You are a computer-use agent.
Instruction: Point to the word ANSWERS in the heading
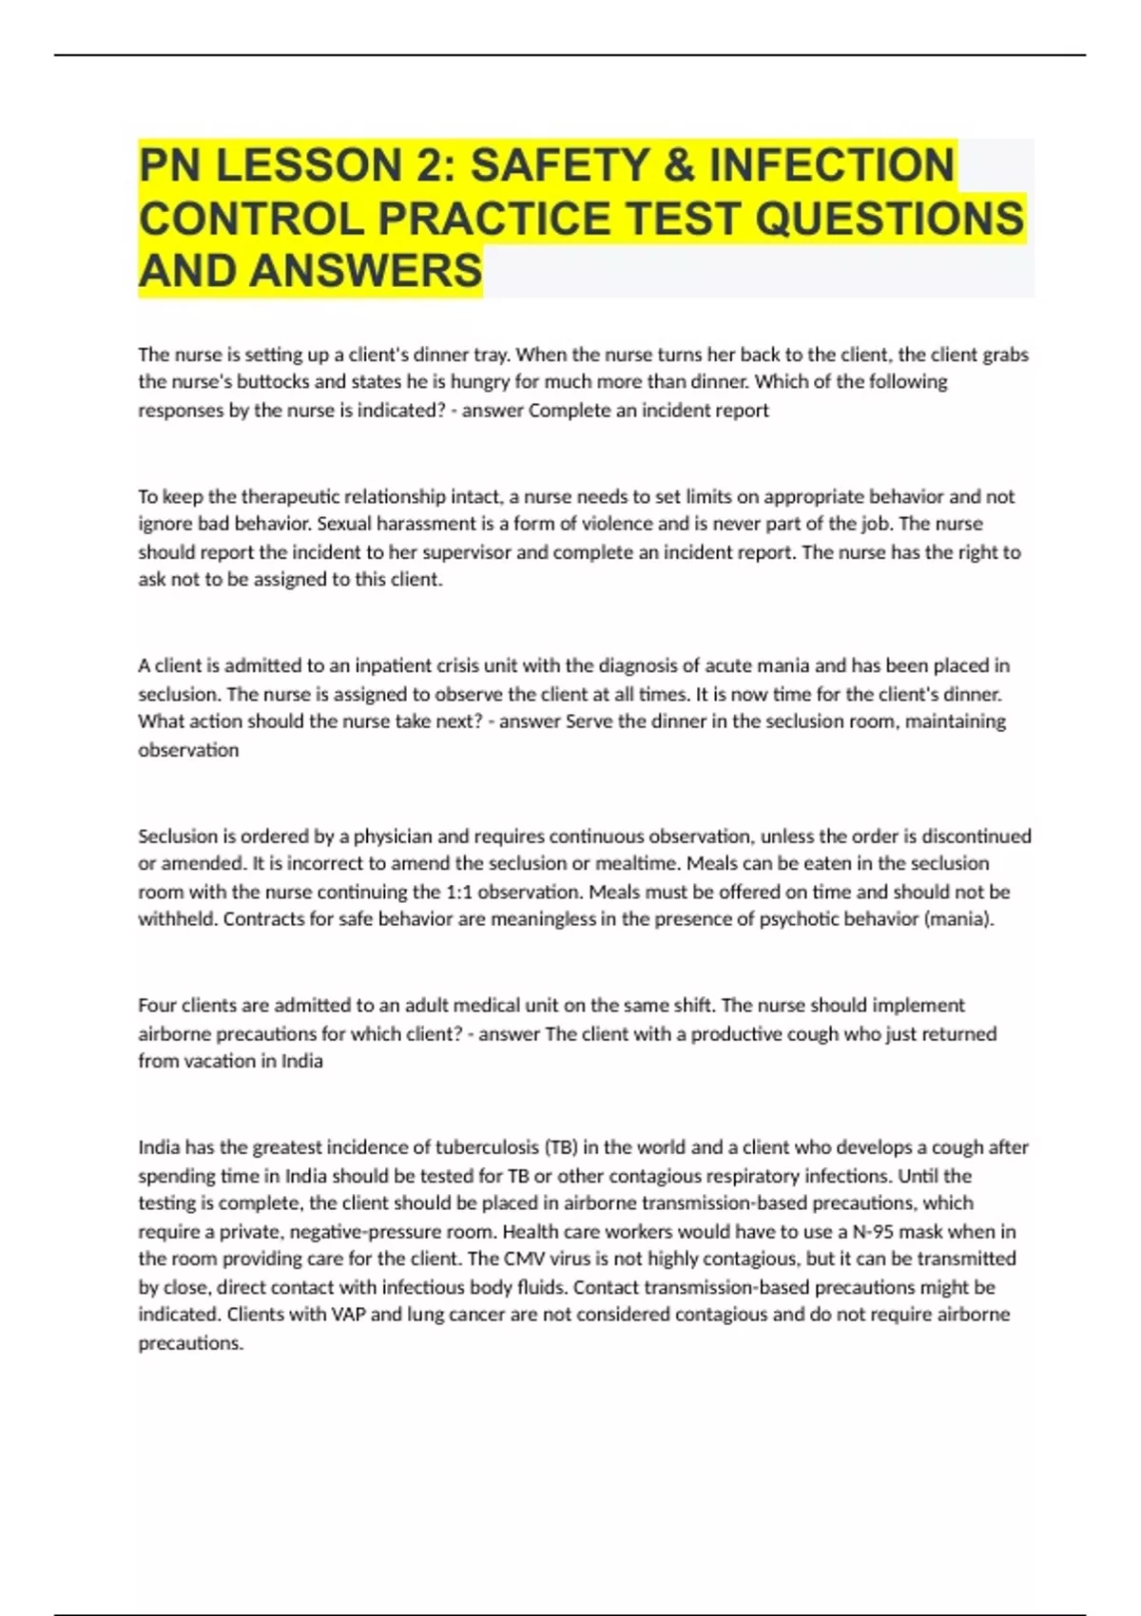click(x=366, y=271)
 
